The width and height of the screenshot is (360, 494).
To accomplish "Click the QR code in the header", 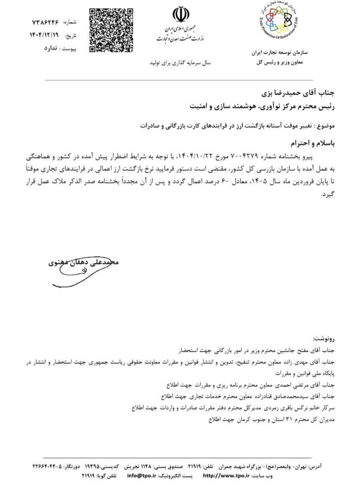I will pyautogui.click(x=111, y=31).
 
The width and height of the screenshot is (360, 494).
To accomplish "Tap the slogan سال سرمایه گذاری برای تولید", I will pyautogui.click(x=180, y=63).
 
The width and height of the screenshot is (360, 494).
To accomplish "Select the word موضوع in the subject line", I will pyautogui.click(x=327, y=126).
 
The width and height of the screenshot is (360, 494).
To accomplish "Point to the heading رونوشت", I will pyautogui.click(x=324, y=339).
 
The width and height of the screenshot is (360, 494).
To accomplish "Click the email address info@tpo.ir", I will pyautogui.click(x=141, y=476).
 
